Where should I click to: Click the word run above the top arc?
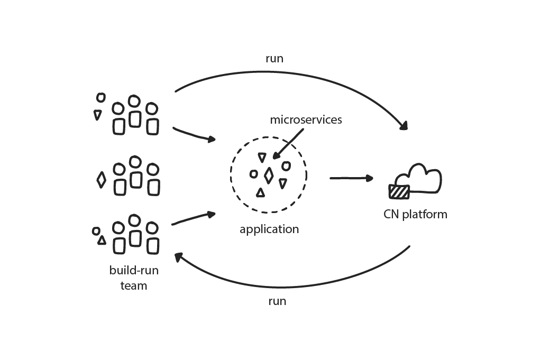coord(274,59)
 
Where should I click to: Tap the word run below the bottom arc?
coord(277,301)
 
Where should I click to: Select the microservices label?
coord(306,120)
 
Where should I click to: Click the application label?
coord(269,229)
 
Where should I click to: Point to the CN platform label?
coord(415,215)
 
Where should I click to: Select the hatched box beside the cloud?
coord(399,191)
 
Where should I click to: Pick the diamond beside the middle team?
coord(101,180)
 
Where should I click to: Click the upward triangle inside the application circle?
coord(260,193)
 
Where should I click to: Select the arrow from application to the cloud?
coord(351,179)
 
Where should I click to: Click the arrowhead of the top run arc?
coord(405,126)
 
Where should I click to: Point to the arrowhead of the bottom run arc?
coord(179,256)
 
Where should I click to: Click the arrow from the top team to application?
coord(194,134)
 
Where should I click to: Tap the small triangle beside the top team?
coord(97,114)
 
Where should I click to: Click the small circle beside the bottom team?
coord(96,231)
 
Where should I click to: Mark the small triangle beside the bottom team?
coord(102,241)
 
